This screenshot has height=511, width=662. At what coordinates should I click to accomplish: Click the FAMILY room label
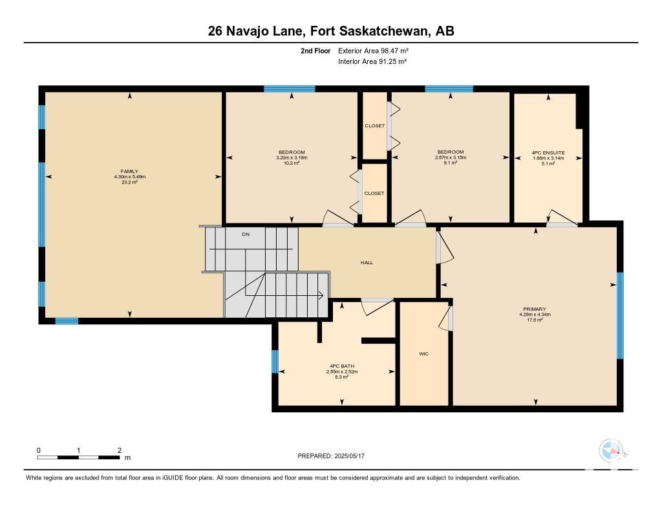coord(129,171)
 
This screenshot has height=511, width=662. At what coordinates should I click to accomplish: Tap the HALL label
coord(367,262)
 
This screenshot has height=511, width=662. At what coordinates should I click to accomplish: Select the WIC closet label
coord(424,353)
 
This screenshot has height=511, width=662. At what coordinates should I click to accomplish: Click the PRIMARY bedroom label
coord(535,309)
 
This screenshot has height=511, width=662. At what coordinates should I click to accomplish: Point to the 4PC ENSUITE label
coord(548,152)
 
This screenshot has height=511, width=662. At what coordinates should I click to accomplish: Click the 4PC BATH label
coord(342,366)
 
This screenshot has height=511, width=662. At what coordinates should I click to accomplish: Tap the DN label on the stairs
coord(246,235)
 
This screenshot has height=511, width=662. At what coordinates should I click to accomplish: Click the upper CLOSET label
coord(375,126)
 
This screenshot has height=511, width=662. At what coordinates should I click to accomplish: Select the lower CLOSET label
coord(374,193)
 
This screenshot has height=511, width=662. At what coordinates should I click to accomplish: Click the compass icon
coord(611,451)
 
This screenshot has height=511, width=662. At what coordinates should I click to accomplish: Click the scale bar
coord(78,457)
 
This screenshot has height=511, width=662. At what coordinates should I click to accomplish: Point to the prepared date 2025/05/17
coord(349,455)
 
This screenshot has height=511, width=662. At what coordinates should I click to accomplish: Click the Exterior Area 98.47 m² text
coord(373,50)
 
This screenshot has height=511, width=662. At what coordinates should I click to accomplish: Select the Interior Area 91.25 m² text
coord(372,61)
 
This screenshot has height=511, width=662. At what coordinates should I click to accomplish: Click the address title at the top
coord(331,31)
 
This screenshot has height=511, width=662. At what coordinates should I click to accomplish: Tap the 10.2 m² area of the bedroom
coord(292,163)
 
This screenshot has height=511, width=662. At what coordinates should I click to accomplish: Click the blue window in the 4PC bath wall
coord(275,362)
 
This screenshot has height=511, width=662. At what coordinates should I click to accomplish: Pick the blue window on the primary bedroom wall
coord(620,316)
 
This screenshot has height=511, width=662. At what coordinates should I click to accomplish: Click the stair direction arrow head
coord(321,295)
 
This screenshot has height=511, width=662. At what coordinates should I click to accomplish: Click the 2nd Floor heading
coord(315,50)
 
